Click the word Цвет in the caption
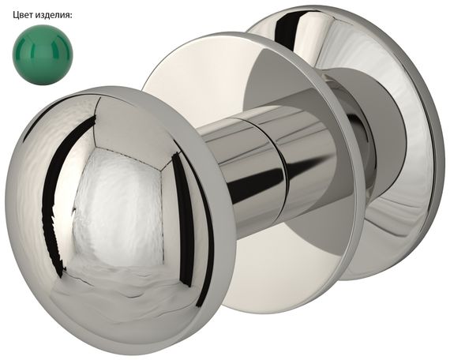click(x=22, y=15)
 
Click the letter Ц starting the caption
click(x=16, y=15)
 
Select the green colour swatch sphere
click(x=43, y=54)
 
